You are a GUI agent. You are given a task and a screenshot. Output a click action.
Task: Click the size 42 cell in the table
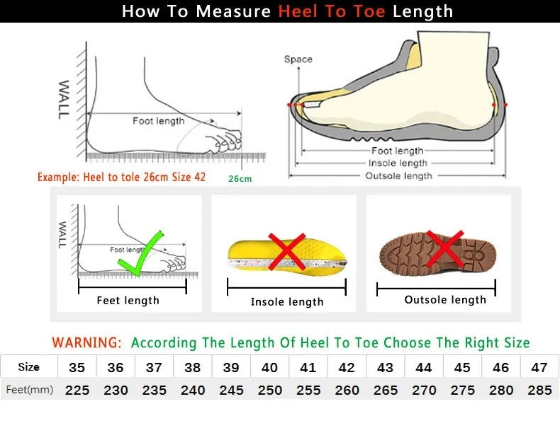tap(346, 367)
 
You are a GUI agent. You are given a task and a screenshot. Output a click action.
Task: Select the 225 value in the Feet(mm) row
tap(77, 390)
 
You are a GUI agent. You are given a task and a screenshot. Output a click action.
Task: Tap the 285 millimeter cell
tap(539, 390)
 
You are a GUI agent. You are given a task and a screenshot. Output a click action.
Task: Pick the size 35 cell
tap(77, 367)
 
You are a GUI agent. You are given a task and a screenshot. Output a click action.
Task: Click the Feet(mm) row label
tap(29, 390)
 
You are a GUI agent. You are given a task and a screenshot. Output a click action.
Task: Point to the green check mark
tap(141, 254)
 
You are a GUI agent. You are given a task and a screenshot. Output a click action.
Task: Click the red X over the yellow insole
tap(286, 251)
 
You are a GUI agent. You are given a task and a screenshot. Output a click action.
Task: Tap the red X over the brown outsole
tap(444, 248)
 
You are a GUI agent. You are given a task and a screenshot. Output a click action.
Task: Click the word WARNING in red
tap(86, 343)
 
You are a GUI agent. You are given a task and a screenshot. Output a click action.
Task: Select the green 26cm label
tap(240, 179)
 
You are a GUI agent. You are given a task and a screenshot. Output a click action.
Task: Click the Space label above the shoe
tap(298, 59)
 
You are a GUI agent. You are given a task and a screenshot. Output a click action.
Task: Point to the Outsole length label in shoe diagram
tap(398, 176)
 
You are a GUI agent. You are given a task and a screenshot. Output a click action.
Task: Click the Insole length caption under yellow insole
tap(287, 302)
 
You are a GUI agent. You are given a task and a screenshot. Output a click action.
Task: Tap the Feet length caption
tap(128, 301)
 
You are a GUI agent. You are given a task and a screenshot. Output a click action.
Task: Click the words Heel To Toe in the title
tap(332, 11)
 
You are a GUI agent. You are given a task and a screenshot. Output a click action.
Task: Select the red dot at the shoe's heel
tap(505, 105)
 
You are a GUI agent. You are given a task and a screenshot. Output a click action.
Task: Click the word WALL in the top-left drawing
tap(64, 99)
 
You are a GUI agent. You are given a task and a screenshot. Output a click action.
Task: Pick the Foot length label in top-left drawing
tap(158, 121)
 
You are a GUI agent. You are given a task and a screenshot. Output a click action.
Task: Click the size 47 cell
tap(539, 367)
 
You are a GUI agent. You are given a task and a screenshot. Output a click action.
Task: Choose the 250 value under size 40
tap(269, 390)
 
